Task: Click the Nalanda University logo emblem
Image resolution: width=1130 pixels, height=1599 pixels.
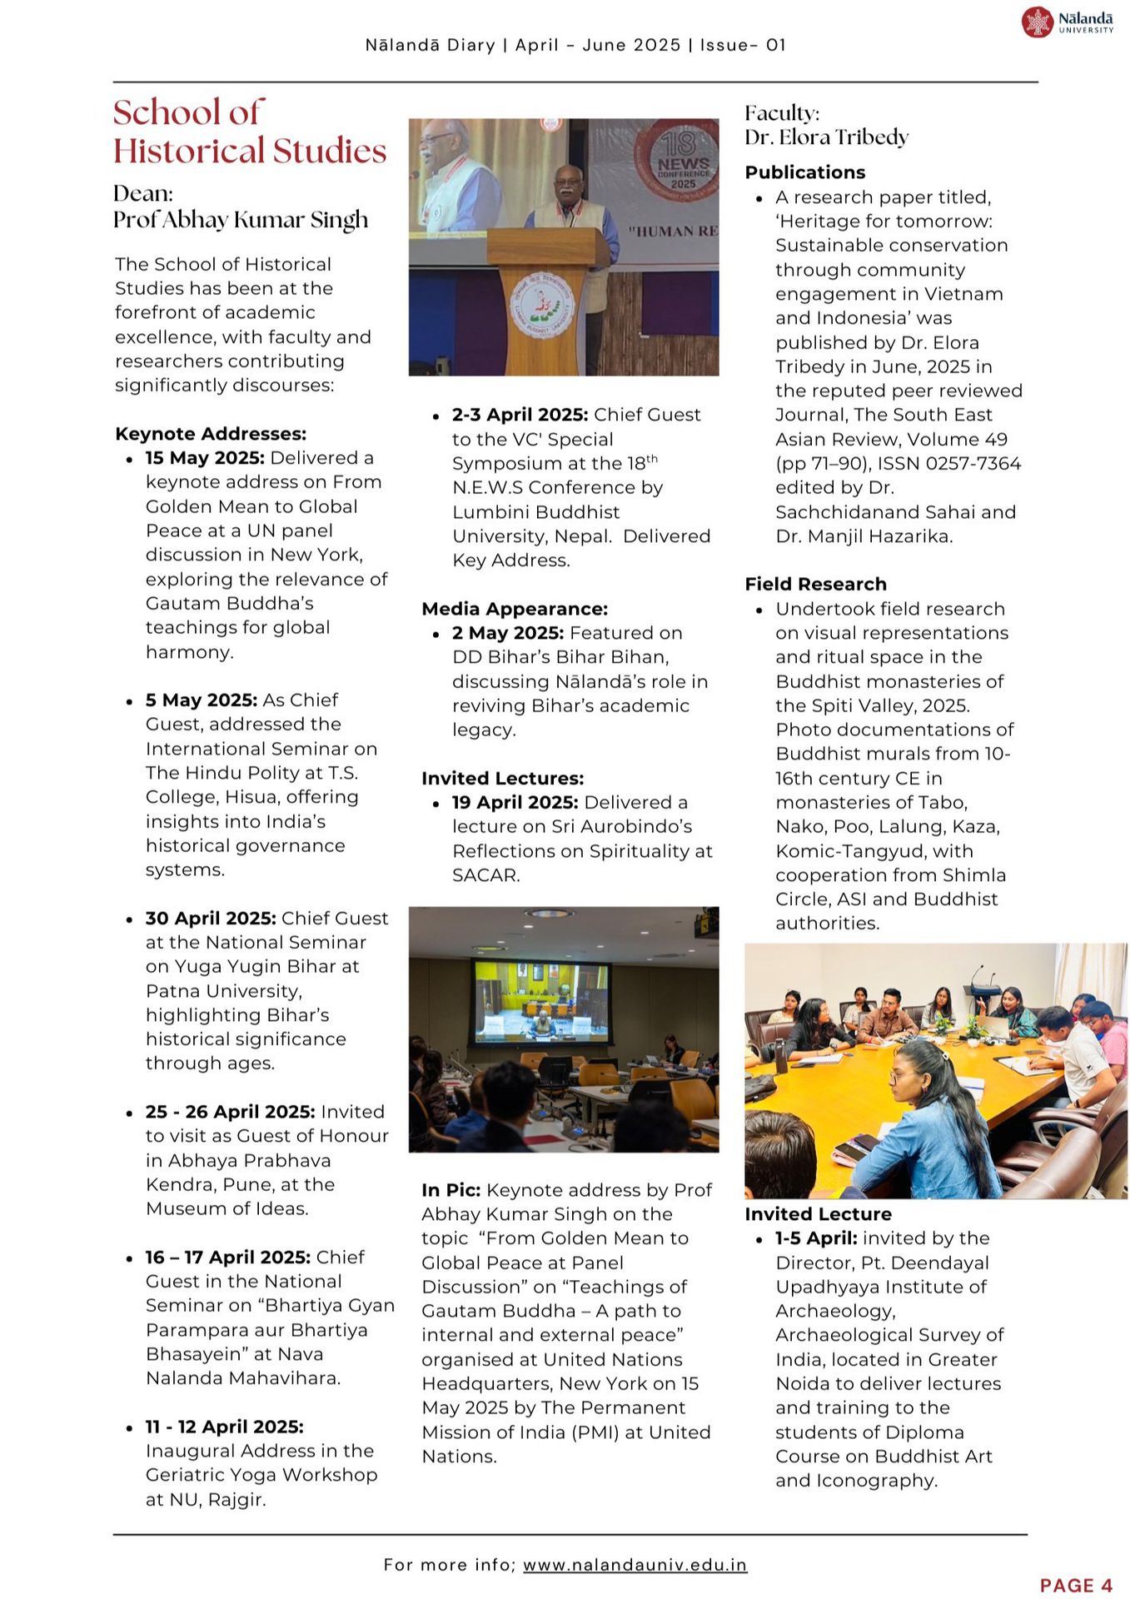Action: [1038, 22]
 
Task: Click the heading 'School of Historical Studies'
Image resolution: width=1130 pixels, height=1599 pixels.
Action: [249, 132]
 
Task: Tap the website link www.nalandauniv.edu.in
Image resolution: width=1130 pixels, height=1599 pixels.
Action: [635, 1565]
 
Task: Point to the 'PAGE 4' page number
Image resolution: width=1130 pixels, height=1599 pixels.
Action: [1076, 1585]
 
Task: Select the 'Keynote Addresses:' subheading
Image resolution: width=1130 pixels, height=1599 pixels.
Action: [211, 434]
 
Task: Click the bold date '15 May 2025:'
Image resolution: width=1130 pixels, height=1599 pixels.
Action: [205, 458]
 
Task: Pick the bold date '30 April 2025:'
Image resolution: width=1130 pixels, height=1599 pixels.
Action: [211, 918]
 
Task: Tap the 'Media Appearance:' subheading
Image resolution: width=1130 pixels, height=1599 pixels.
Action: [515, 609]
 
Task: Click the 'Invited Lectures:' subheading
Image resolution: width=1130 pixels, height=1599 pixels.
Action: [502, 778]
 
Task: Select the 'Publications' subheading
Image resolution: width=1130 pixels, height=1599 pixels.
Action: [804, 172]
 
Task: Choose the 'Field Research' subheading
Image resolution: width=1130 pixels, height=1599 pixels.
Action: [815, 584]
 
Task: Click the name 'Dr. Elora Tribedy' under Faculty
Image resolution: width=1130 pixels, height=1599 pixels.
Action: [826, 137]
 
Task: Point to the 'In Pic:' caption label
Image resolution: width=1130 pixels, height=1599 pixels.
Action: [451, 1190]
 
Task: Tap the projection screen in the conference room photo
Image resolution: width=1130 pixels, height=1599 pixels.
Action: [540, 1002]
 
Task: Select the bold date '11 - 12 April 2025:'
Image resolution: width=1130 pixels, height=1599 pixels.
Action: [224, 1427]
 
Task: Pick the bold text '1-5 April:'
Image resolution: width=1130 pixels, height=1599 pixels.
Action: [815, 1238]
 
